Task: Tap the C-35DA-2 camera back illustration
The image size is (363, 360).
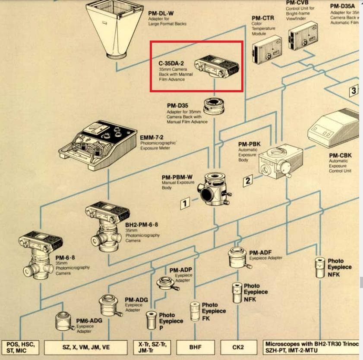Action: click(217, 67)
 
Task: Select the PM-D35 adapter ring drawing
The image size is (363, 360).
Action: click(215, 106)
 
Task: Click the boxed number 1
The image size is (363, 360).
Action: click(185, 202)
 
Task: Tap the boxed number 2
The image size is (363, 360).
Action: click(247, 180)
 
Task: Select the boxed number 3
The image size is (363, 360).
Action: click(354, 91)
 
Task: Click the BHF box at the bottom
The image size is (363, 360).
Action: click(196, 347)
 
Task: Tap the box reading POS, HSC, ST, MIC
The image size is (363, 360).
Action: click(21, 347)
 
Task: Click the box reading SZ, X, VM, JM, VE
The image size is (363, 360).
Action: click(86, 347)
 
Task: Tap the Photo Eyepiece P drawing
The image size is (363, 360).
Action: click(151, 321)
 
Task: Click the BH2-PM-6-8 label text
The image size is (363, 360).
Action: click(142, 225)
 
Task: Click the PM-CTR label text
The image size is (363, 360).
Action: click(262, 18)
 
